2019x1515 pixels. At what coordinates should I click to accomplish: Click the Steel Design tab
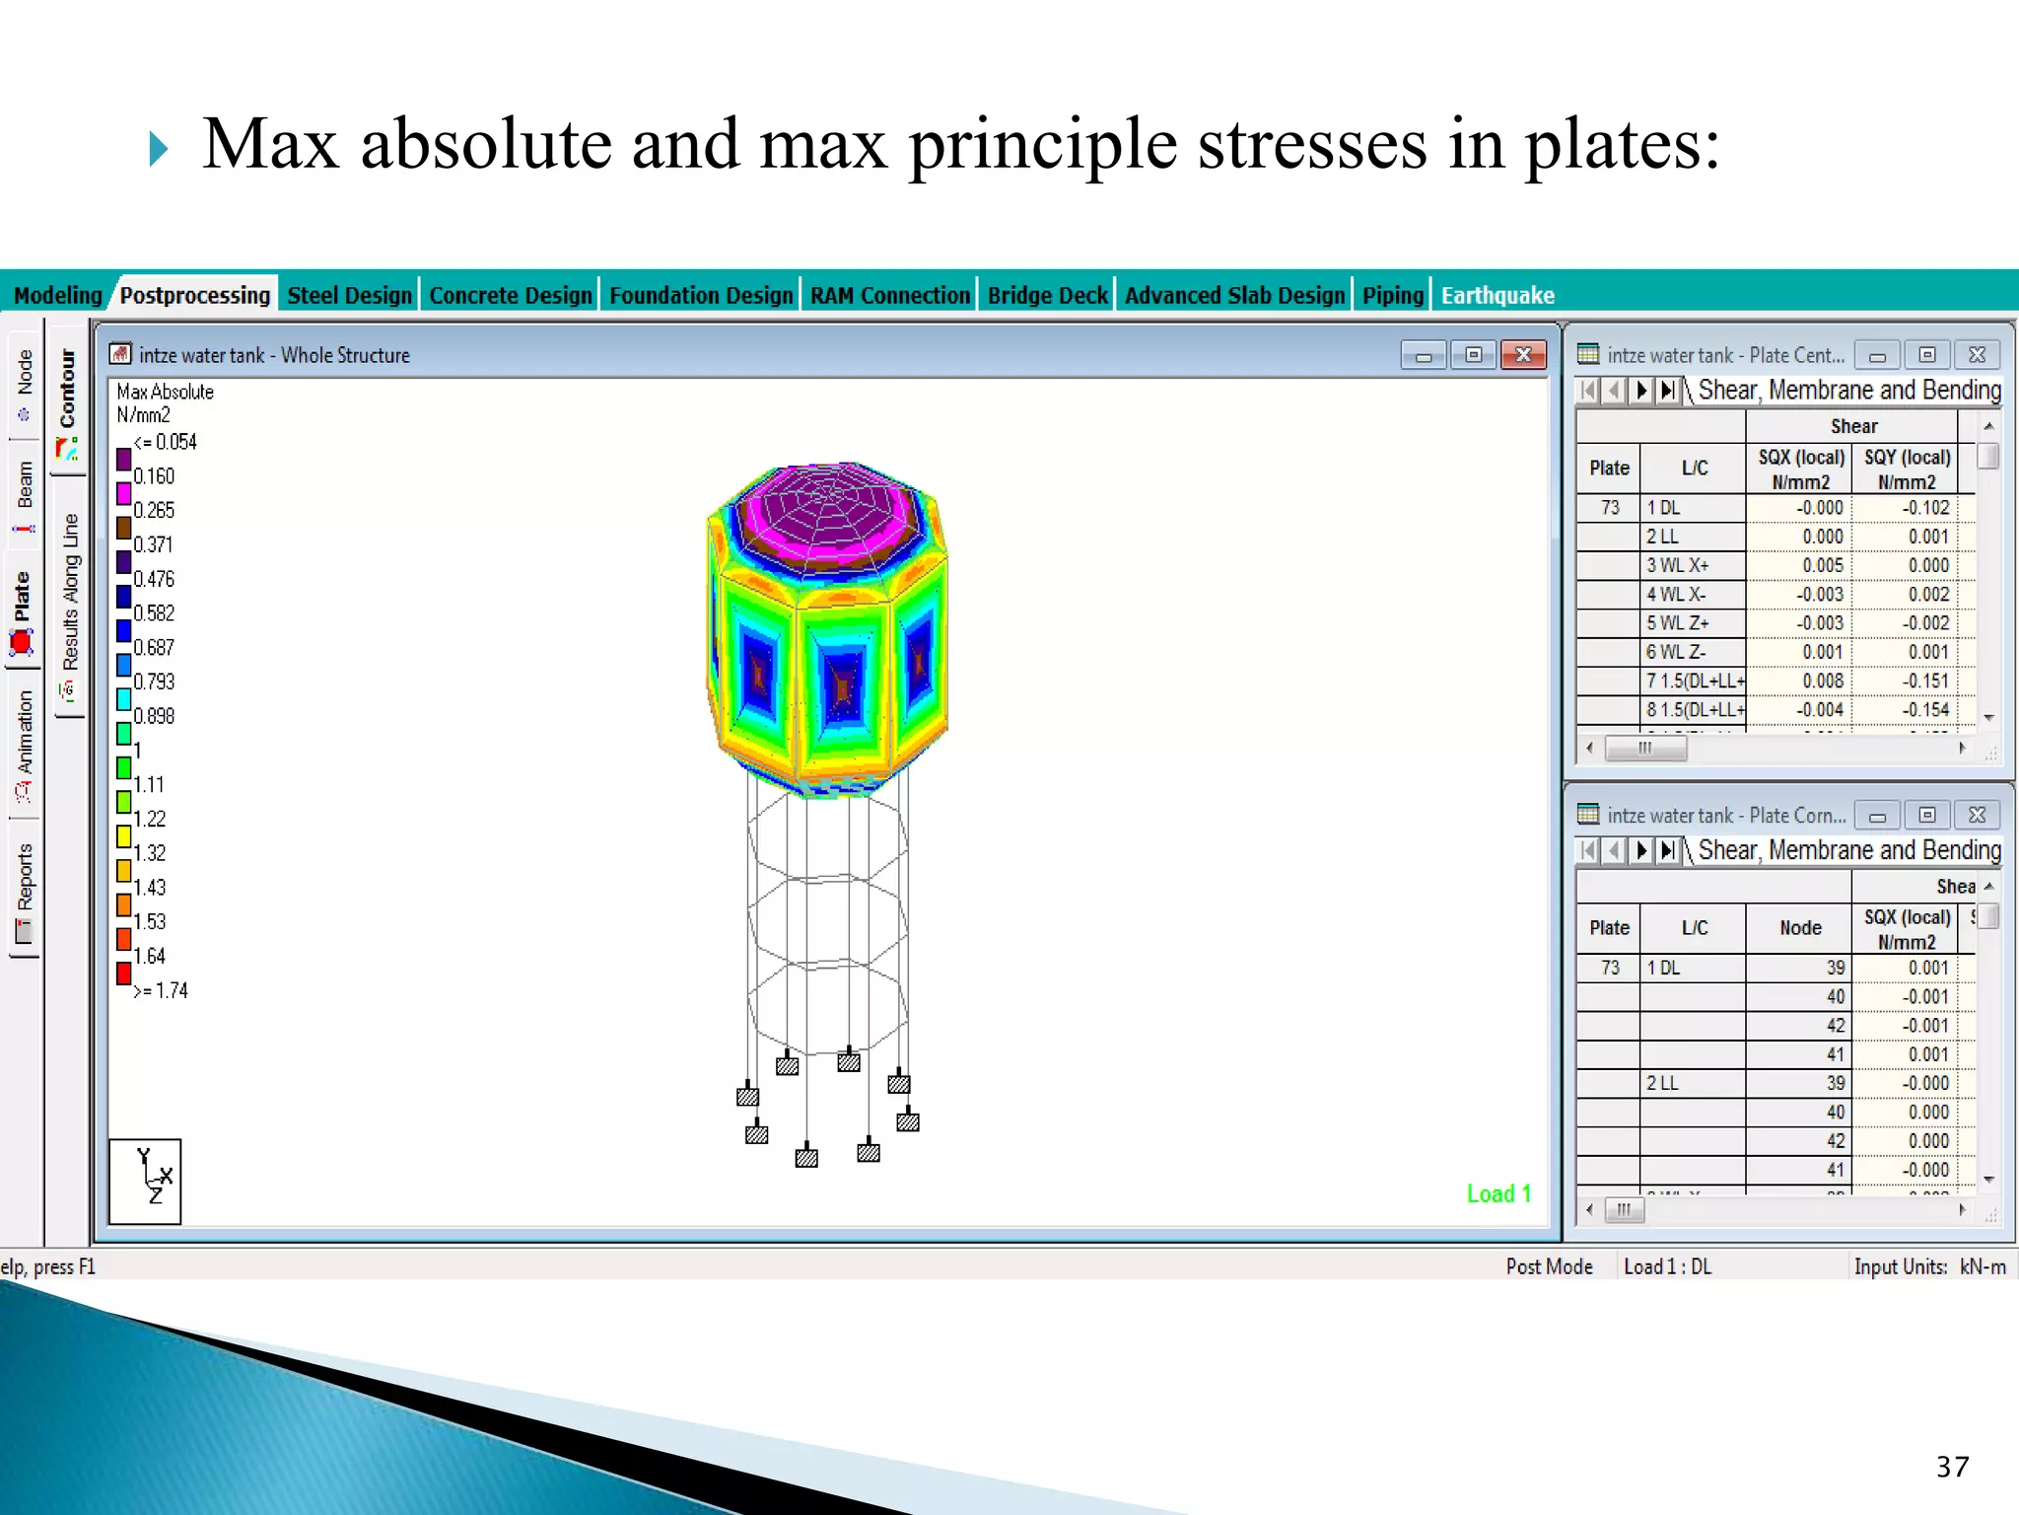(349, 295)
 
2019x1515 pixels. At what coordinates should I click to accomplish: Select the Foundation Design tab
(700, 295)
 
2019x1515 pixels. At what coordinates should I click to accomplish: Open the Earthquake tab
(1497, 295)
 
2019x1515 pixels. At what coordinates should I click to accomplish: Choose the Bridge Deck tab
(1047, 295)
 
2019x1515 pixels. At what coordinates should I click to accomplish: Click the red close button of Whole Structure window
(1523, 355)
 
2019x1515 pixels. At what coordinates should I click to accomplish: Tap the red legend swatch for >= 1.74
(124, 974)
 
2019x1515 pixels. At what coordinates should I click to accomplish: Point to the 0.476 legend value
(154, 579)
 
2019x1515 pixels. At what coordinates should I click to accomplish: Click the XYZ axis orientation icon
(145, 1181)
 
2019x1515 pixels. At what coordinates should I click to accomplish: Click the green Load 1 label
(1498, 1193)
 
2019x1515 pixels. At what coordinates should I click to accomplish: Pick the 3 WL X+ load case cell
(1692, 565)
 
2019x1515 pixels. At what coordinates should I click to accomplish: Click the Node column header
(1800, 928)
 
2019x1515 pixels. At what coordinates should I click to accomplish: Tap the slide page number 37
(1952, 1467)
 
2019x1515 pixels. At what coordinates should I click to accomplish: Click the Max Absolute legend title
(165, 392)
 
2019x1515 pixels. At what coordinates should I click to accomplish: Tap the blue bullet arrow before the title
(159, 149)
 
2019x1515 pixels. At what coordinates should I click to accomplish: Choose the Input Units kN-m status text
(1929, 1266)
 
